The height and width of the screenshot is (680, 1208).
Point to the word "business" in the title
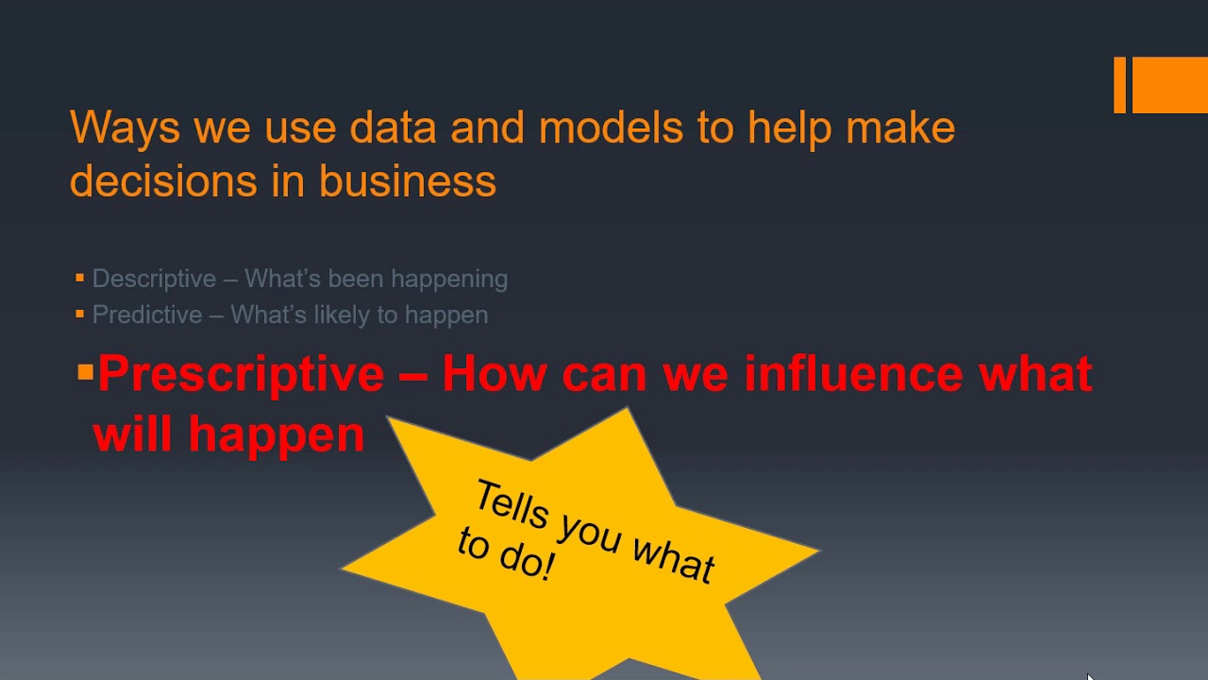(x=408, y=180)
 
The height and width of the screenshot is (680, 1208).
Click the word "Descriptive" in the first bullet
(x=154, y=279)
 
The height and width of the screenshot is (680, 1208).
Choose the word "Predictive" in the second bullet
(x=147, y=314)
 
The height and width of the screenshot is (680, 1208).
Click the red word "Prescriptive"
(x=242, y=374)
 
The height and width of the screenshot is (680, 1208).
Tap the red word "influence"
(x=853, y=374)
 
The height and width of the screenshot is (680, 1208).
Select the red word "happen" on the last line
(x=276, y=434)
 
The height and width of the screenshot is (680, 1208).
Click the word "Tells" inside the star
(x=511, y=506)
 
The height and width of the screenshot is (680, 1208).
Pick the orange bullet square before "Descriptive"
(x=80, y=278)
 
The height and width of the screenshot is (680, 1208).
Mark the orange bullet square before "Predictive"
(x=80, y=314)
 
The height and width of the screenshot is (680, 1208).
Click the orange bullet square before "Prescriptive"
(x=86, y=373)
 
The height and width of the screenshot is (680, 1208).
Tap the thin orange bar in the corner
(x=1120, y=85)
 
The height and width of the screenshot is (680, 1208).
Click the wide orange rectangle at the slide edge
(x=1170, y=85)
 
